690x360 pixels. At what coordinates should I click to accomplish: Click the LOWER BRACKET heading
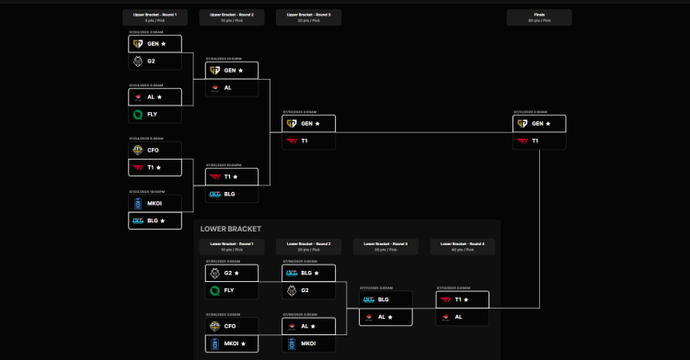pos(231,229)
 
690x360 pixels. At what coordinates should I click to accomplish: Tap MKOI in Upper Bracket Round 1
pos(155,203)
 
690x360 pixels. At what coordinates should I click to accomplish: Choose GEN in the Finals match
pos(539,123)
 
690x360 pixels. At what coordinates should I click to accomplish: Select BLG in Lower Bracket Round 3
pos(385,299)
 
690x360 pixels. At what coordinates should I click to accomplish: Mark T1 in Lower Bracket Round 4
pos(462,299)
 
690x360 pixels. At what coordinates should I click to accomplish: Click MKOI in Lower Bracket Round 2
pos(309,344)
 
